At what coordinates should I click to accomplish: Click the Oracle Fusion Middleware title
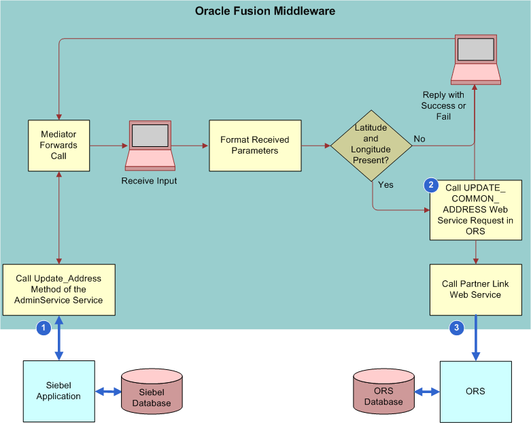pos(265,11)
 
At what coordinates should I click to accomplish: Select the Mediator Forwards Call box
pos(58,146)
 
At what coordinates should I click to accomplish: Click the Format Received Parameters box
pos(255,146)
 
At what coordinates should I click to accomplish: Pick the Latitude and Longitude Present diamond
pos(371,145)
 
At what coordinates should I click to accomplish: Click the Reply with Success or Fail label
pos(443,105)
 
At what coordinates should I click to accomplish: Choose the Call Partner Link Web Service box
pos(475,289)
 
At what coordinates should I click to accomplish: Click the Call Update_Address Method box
pos(58,289)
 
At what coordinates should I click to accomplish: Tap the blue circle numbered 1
pos(44,328)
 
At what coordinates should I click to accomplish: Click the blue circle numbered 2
pos(430,184)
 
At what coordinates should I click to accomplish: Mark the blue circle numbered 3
pos(457,328)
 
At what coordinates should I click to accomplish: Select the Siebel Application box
pos(58,391)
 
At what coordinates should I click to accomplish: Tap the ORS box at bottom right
pos(475,391)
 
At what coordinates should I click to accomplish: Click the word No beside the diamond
pos(419,139)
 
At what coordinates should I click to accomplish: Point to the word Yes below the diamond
pos(386,184)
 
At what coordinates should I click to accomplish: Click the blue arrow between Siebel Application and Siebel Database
pos(107,391)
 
